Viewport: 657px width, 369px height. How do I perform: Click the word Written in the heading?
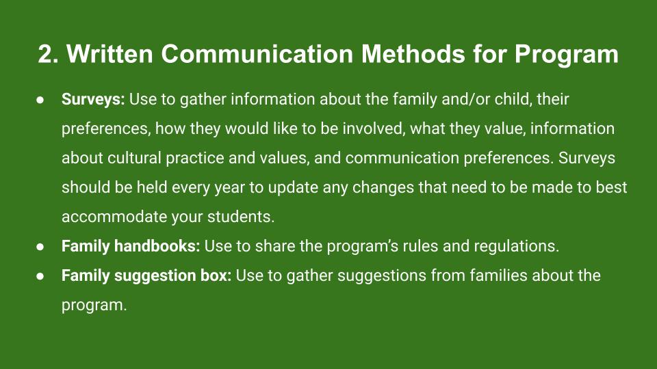[109, 54]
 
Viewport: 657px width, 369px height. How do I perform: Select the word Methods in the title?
[413, 54]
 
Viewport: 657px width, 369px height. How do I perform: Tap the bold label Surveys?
[93, 100]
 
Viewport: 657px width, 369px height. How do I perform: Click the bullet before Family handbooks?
[40, 247]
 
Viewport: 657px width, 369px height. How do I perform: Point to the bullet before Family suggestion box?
[40, 276]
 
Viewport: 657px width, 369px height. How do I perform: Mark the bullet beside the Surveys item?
[40, 100]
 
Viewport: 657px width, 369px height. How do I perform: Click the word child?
[513, 100]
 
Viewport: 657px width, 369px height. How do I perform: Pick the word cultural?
[134, 158]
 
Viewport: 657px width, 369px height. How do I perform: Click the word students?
[241, 217]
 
